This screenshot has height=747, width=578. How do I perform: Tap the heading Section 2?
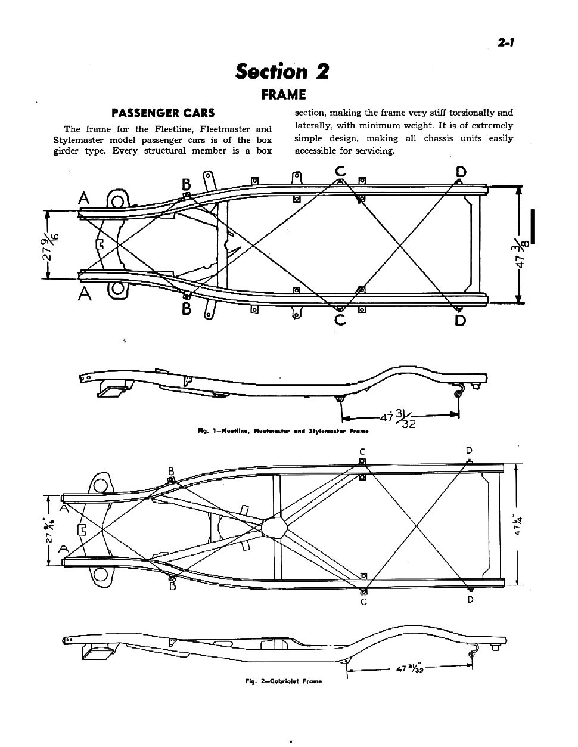coord(282,71)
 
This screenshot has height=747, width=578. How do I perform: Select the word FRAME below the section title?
coord(284,95)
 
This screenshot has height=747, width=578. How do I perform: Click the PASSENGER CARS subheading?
coord(163,113)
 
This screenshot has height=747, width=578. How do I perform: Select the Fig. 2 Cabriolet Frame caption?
coord(284,681)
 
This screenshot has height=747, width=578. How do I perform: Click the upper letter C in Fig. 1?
coord(340,172)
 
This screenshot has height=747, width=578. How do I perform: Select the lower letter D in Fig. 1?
coord(460,321)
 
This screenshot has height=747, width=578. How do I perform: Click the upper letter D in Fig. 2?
coord(470,450)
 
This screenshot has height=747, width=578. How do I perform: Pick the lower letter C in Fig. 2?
coord(363,601)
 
